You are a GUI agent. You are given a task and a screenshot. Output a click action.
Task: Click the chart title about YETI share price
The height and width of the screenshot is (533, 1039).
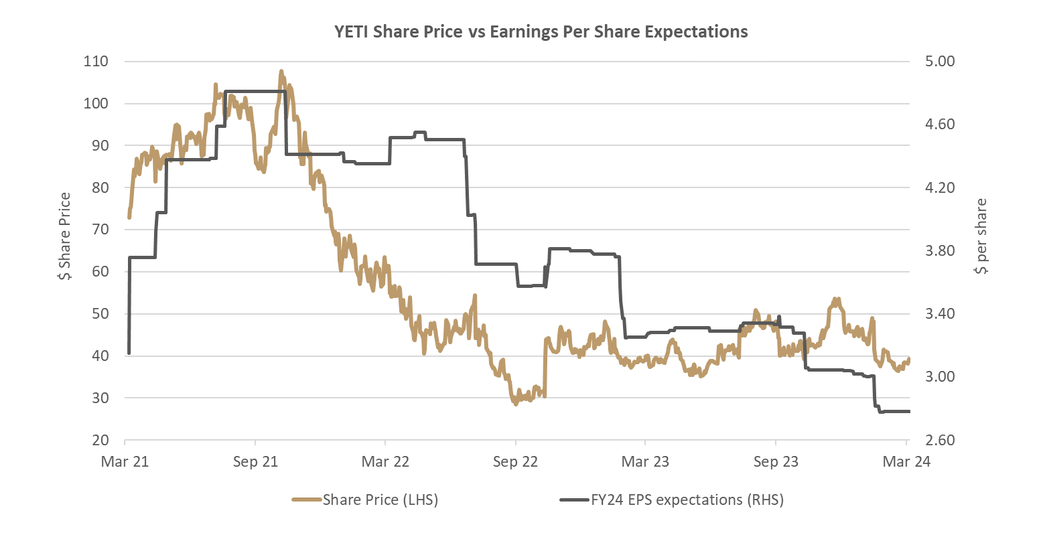(541, 31)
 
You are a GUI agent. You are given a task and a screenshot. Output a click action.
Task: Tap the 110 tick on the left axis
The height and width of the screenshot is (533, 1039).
(96, 62)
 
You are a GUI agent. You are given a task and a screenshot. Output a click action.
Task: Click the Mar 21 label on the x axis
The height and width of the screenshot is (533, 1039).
(125, 461)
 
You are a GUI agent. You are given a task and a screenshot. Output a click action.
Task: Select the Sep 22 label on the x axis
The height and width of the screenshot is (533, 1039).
(515, 461)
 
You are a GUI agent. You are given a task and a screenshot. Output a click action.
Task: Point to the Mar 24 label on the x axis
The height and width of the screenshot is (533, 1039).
(906, 461)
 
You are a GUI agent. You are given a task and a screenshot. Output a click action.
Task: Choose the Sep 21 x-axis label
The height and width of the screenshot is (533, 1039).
(255, 461)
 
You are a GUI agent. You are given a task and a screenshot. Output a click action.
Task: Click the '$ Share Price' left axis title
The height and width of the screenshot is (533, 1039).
(65, 236)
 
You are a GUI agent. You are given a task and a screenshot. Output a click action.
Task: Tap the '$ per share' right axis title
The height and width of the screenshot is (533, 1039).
(981, 236)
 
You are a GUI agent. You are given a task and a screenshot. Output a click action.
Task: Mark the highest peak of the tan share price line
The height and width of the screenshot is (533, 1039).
(281, 70)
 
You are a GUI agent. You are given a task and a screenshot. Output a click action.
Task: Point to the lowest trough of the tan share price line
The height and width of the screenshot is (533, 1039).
(515, 404)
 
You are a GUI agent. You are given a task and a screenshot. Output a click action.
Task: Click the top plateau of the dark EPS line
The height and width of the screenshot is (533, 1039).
(255, 90)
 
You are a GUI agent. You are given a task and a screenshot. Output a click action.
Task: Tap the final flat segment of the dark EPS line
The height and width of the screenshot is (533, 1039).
(895, 411)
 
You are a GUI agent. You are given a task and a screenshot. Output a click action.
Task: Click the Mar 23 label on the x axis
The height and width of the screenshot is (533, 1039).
(645, 461)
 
